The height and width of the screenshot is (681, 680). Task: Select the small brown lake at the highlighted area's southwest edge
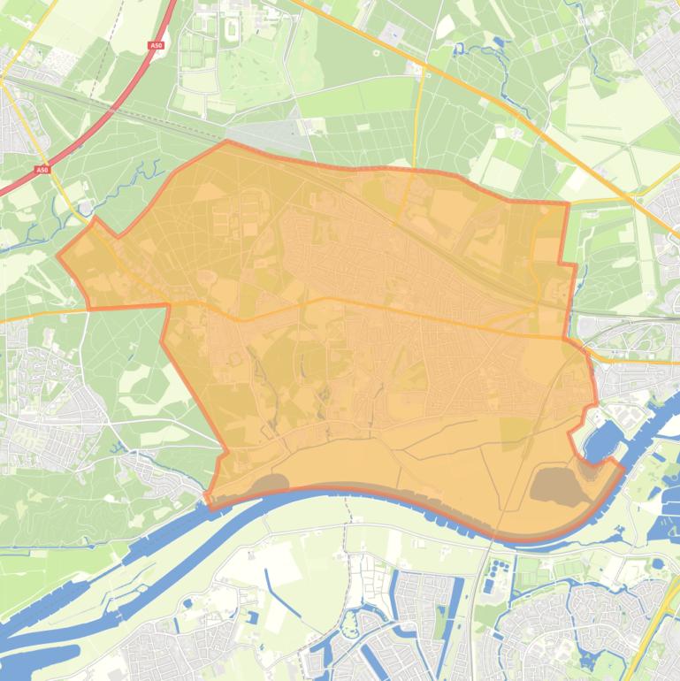point(269,483)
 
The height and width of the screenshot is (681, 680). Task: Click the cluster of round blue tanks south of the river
point(500,567)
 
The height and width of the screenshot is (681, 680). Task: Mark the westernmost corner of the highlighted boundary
point(58,257)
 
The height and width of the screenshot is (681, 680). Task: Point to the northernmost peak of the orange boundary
point(227,141)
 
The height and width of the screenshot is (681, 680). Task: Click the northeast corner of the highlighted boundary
point(567,203)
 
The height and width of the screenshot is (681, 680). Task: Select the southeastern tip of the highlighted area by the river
point(623,464)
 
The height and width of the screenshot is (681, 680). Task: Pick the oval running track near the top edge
point(233,29)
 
